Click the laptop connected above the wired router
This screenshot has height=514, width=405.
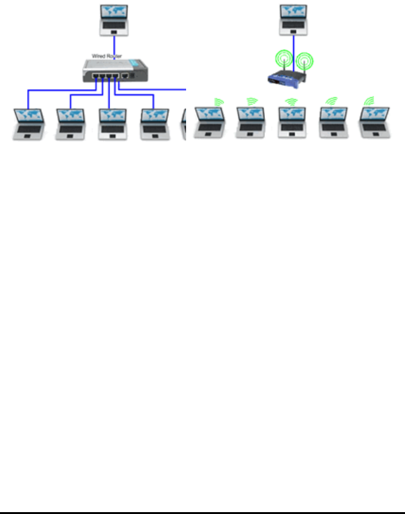(114, 20)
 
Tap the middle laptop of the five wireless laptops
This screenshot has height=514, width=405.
(291, 123)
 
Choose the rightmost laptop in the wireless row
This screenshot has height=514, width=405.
(374, 123)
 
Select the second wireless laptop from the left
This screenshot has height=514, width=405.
(250, 123)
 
